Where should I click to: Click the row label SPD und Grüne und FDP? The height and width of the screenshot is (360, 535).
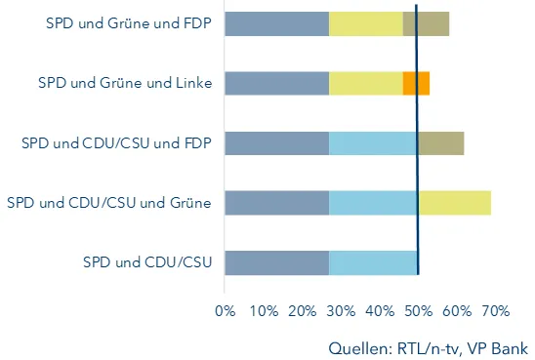click(x=120, y=22)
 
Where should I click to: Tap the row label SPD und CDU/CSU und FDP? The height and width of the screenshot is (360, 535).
click(x=116, y=143)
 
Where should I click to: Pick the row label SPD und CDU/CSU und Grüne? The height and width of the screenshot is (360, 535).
click(x=109, y=203)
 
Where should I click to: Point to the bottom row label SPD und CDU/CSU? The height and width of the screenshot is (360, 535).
click(x=147, y=263)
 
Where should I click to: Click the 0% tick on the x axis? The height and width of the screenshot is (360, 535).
click(x=225, y=311)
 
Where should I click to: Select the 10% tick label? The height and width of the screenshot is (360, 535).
click(x=263, y=311)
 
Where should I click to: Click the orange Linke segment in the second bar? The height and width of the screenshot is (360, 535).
click(x=416, y=83)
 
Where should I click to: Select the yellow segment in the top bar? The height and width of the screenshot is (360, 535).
click(x=366, y=23)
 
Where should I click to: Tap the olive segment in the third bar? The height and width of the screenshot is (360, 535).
click(x=441, y=143)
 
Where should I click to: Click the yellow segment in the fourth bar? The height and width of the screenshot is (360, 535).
click(x=455, y=203)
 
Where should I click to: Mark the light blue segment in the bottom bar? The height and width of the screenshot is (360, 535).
click(x=374, y=263)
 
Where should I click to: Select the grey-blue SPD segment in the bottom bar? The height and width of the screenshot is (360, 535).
click(x=276, y=263)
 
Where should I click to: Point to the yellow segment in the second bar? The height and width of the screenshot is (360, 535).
click(x=366, y=83)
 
